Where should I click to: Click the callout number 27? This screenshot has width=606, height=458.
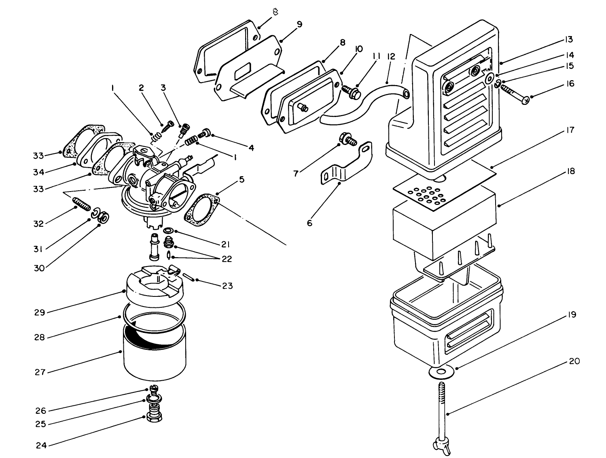(39, 372)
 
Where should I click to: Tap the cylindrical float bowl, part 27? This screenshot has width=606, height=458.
(154, 356)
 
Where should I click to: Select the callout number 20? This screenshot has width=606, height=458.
(574, 361)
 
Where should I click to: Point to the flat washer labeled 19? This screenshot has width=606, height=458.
(440, 372)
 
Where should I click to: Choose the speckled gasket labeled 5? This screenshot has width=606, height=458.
(201, 209)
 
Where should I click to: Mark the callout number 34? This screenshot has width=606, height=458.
(39, 172)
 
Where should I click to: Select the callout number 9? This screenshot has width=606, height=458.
(299, 24)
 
